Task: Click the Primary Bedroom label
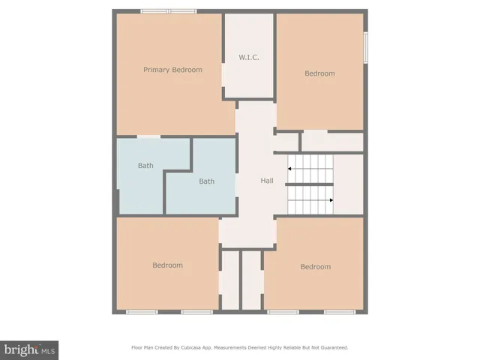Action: (x=172, y=70)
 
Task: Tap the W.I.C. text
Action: (x=249, y=57)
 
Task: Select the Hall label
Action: (x=267, y=181)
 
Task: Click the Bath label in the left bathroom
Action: (x=145, y=166)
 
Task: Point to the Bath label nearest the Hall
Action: (x=206, y=181)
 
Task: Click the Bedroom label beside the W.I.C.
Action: (x=319, y=73)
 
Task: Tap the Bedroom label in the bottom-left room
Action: (x=167, y=265)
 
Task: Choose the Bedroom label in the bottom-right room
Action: (x=315, y=267)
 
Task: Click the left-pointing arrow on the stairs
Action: (x=290, y=169)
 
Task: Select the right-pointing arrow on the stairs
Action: (x=331, y=200)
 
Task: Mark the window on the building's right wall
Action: (x=365, y=46)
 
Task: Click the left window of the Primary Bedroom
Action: (x=154, y=11)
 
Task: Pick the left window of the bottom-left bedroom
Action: (x=141, y=311)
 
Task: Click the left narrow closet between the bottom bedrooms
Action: (x=229, y=279)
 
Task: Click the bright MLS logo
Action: (x=29, y=349)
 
